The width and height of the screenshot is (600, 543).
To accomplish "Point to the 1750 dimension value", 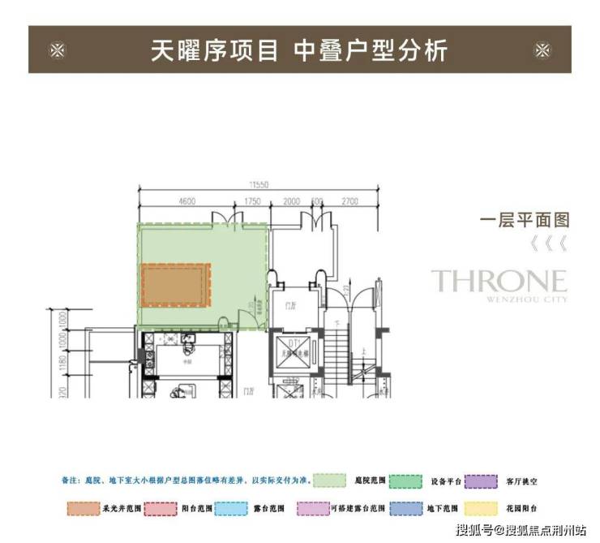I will (x=251, y=200).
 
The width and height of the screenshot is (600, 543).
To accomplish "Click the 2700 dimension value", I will (x=351, y=200).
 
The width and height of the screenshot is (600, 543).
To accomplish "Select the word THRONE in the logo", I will (x=498, y=281).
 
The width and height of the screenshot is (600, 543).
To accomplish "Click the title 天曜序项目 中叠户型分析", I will (x=299, y=50).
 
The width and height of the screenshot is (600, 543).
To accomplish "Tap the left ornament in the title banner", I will (x=57, y=50).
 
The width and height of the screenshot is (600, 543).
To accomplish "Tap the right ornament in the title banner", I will (x=542, y=50).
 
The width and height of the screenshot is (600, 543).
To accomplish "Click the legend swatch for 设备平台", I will (x=409, y=481).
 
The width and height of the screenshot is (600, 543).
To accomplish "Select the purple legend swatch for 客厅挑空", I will (x=486, y=481).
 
